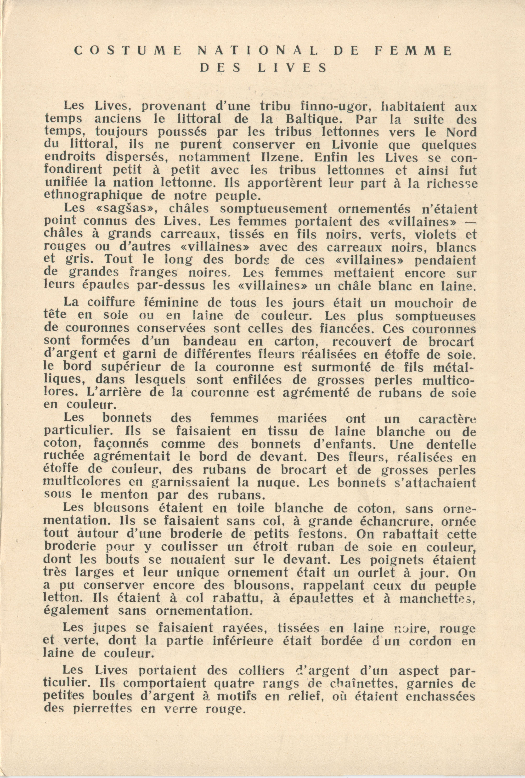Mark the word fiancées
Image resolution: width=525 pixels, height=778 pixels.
coord(343,328)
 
